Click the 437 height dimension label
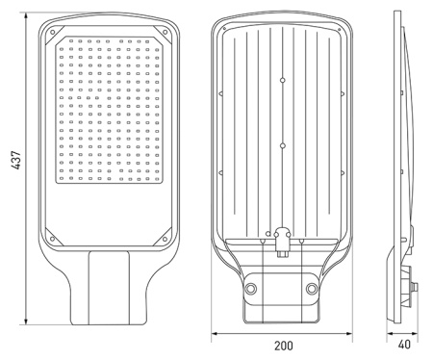15,160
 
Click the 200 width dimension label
284,346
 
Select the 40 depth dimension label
404,345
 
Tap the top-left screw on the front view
52,32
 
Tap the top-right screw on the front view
165,32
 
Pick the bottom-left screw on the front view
52,239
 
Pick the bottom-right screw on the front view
165,239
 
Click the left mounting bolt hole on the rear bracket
251,289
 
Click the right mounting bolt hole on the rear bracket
312,289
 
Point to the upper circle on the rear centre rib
283,80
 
